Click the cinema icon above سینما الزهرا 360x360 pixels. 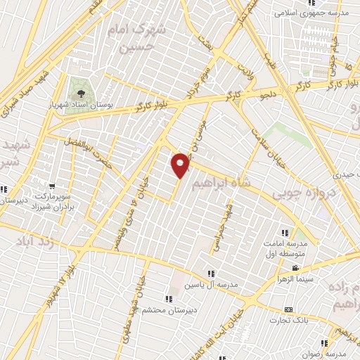point(295,268)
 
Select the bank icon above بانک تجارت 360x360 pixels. point(288,310)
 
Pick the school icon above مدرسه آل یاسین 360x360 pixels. point(210,274)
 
